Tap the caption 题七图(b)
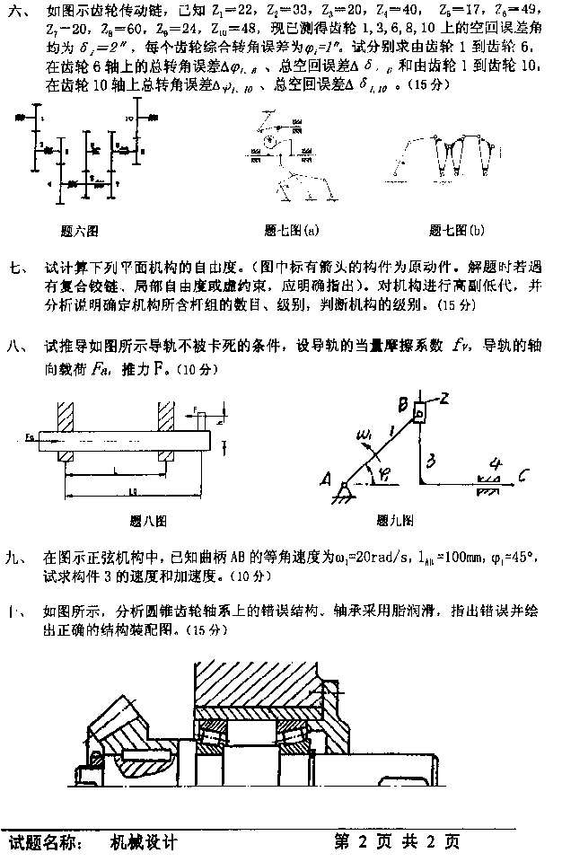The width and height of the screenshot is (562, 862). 456,231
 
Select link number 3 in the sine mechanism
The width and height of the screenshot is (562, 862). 432,460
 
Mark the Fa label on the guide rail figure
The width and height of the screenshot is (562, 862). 30,438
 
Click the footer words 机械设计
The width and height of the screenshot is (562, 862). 144,842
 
